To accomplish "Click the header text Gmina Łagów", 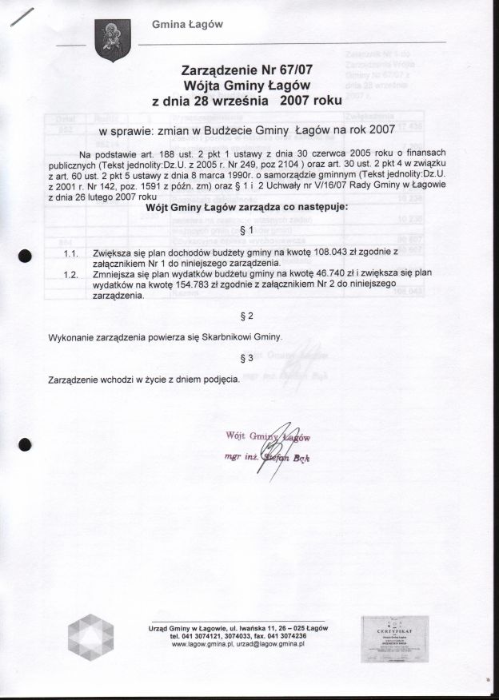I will pos(187,25).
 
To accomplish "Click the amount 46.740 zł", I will pos(345,273).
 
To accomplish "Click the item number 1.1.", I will pos(70,252).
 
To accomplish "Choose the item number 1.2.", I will pos(70,273).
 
